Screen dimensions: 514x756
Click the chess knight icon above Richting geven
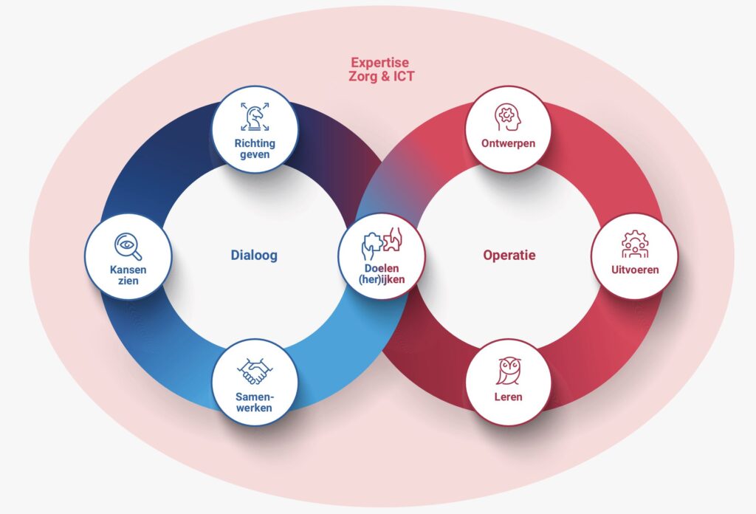pos(255,116)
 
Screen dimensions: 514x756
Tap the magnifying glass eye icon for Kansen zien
pos(128,246)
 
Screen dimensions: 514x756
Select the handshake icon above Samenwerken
pos(255,371)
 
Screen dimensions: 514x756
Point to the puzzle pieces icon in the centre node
pos(381,243)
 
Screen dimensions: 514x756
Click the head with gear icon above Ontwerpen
pos(507,117)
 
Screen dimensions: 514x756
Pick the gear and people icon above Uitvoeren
pos(634,244)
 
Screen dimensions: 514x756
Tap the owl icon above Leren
pos(508,371)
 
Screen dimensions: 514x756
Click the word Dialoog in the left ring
pos(254,256)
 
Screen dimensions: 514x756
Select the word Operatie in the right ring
pos(509,256)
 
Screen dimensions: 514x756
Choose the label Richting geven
pos(255,150)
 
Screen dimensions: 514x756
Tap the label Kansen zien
pos(128,275)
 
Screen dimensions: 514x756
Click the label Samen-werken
pos(255,402)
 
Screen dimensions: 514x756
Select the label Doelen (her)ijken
pos(381,273)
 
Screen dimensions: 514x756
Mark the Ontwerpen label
pos(507,143)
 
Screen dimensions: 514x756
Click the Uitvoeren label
pos(634,270)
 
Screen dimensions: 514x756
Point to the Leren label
pos(508,397)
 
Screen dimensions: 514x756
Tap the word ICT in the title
pos(402,76)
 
